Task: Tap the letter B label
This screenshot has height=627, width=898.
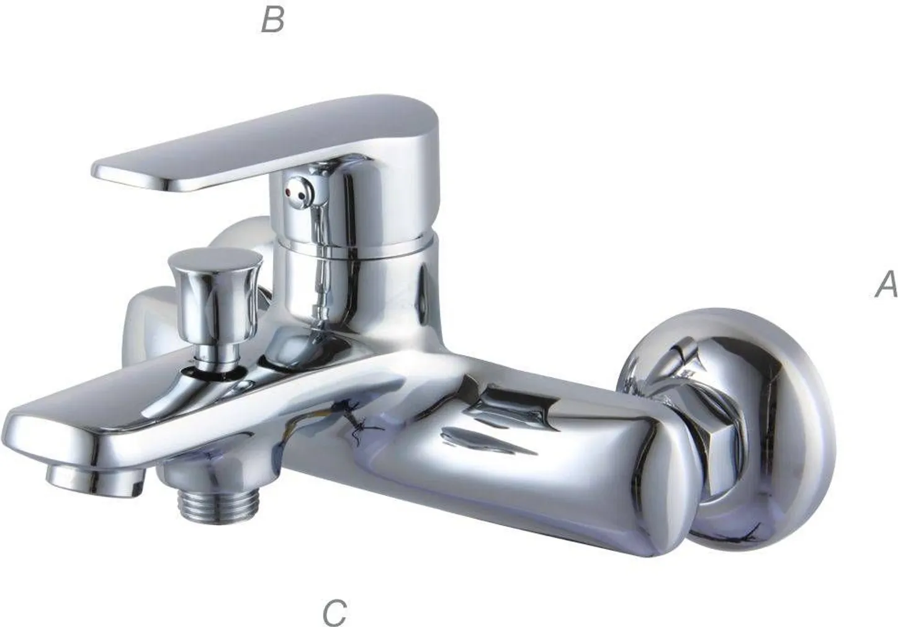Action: click(272, 20)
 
